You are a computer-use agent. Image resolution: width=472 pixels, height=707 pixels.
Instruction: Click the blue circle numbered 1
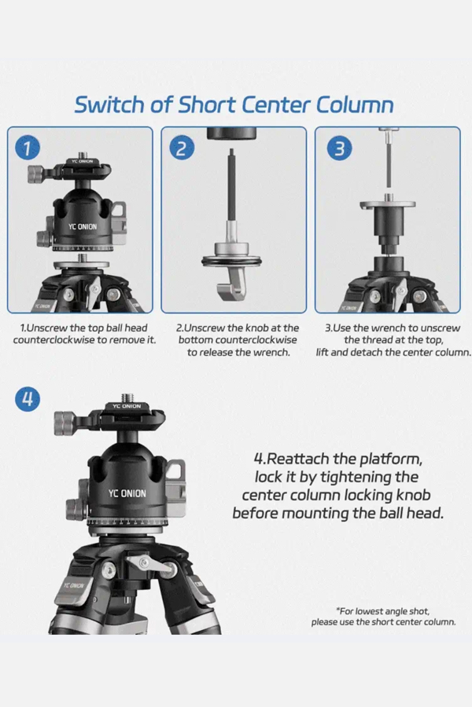point(28,148)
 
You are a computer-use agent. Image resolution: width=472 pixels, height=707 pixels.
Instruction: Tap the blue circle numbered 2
point(182,148)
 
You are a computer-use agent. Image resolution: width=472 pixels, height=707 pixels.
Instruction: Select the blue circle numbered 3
point(339,148)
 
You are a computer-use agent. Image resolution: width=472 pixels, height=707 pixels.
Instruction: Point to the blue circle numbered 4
point(28,399)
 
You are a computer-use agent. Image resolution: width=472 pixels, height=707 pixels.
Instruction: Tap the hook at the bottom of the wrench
point(230,280)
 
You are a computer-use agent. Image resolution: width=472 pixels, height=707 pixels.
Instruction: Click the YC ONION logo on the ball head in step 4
point(127,494)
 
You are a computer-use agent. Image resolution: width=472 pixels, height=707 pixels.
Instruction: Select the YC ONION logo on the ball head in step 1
point(83,226)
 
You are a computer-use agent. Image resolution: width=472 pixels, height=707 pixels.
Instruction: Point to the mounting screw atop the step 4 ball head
point(127,397)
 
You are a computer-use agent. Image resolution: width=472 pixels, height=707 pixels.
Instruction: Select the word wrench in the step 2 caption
point(271,352)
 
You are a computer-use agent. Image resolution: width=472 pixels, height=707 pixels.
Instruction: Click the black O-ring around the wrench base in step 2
point(232,262)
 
